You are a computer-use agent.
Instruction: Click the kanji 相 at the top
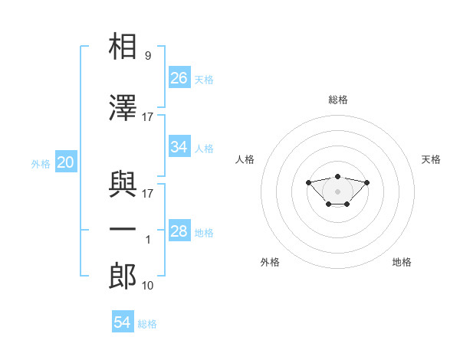point(123,46)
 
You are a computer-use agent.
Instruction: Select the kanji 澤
point(123,107)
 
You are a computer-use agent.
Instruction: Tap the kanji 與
point(123,184)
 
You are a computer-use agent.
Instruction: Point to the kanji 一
point(123,229)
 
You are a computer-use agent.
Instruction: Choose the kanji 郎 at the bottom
point(123,276)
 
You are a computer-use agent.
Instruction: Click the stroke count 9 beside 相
point(148,55)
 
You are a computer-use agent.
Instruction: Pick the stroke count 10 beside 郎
point(147,285)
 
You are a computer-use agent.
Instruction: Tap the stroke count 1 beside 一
point(148,240)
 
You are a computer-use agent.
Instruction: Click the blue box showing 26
point(179,77)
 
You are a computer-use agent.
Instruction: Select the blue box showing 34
point(179,146)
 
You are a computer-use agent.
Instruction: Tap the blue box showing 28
point(179,230)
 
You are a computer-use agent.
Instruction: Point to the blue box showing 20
point(66,162)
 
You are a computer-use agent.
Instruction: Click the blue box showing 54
point(123,321)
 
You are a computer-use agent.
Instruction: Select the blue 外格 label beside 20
point(41,164)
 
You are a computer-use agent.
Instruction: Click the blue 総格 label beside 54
point(147,324)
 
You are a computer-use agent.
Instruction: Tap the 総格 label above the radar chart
point(338,100)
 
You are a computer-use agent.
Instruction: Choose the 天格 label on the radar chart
point(431,159)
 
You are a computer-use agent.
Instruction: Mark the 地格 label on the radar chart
point(402,262)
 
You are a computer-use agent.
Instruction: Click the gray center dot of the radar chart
point(337,191)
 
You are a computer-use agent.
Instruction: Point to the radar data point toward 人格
point(308,182)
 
